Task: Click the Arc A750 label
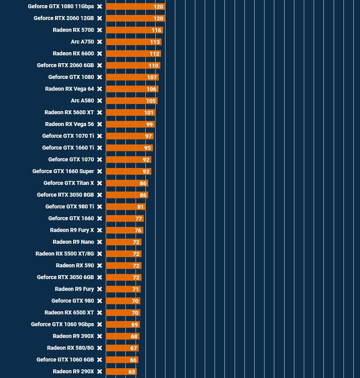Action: pyautogui.click(x=82, y=42)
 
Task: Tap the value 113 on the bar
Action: pyautogui.click(x=155, y=42)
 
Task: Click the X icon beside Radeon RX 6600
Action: pyautogui.click(x=100, y=54)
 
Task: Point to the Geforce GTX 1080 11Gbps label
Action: pyautogui.click(x=61, y=7)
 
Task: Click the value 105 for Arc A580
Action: pyautogui.click(x=151, y=101)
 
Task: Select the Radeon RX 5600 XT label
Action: pyautogui.click(x=69, y=112)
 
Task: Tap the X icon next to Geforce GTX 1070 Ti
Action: pyautogui.click(x=100, y=136)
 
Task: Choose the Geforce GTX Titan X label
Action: pyautogui.click(x=69, y=183)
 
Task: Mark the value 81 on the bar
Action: pyautogui.click(x=141, y=207)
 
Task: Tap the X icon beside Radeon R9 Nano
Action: pyautogui.click(x=100, y=242)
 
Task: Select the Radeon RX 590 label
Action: pyautogui.click(x=75, y=265)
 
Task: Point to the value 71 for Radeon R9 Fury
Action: pyautogui.click(x=136, y=289)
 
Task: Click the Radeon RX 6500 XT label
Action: pyautogui.click(x=69, y=312)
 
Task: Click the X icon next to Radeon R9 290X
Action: pyautogui.click(x=100, y=372)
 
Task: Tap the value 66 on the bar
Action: pyautogui.click(x=133, y=360)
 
